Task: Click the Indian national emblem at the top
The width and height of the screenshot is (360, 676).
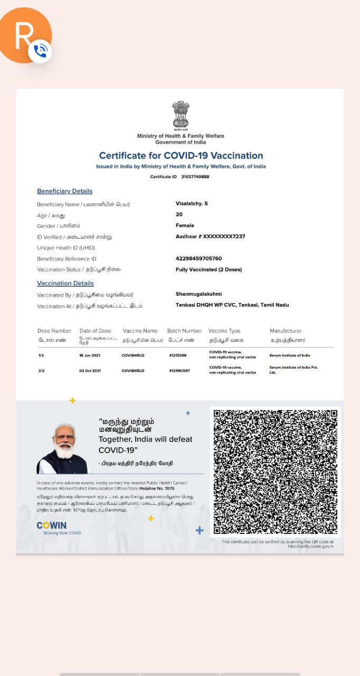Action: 181,115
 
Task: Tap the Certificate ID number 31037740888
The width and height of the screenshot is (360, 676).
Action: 195,176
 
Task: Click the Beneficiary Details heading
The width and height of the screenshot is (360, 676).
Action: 64,191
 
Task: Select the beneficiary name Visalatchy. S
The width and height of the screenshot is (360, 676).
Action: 192,203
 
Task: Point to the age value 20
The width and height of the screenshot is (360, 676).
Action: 179,214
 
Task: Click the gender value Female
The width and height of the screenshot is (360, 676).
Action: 185,226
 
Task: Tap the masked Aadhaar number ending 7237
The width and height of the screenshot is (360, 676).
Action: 210,237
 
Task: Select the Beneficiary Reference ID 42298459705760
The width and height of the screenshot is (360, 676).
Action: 198,259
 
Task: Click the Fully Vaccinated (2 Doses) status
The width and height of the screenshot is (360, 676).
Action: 209,269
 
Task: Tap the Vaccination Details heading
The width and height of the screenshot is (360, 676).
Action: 65,284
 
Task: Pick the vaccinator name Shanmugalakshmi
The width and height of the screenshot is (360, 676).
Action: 198,294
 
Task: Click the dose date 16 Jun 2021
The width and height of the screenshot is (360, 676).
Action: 90,355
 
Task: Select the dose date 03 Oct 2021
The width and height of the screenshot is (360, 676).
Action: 90,371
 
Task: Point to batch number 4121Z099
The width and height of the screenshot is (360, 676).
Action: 177,355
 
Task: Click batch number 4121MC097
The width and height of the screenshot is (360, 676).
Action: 179,371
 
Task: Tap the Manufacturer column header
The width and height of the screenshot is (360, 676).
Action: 286,331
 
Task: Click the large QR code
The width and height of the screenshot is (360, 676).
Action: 275,472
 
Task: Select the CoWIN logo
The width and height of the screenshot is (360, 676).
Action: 52,525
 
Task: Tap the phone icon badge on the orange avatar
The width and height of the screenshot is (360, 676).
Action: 40,51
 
